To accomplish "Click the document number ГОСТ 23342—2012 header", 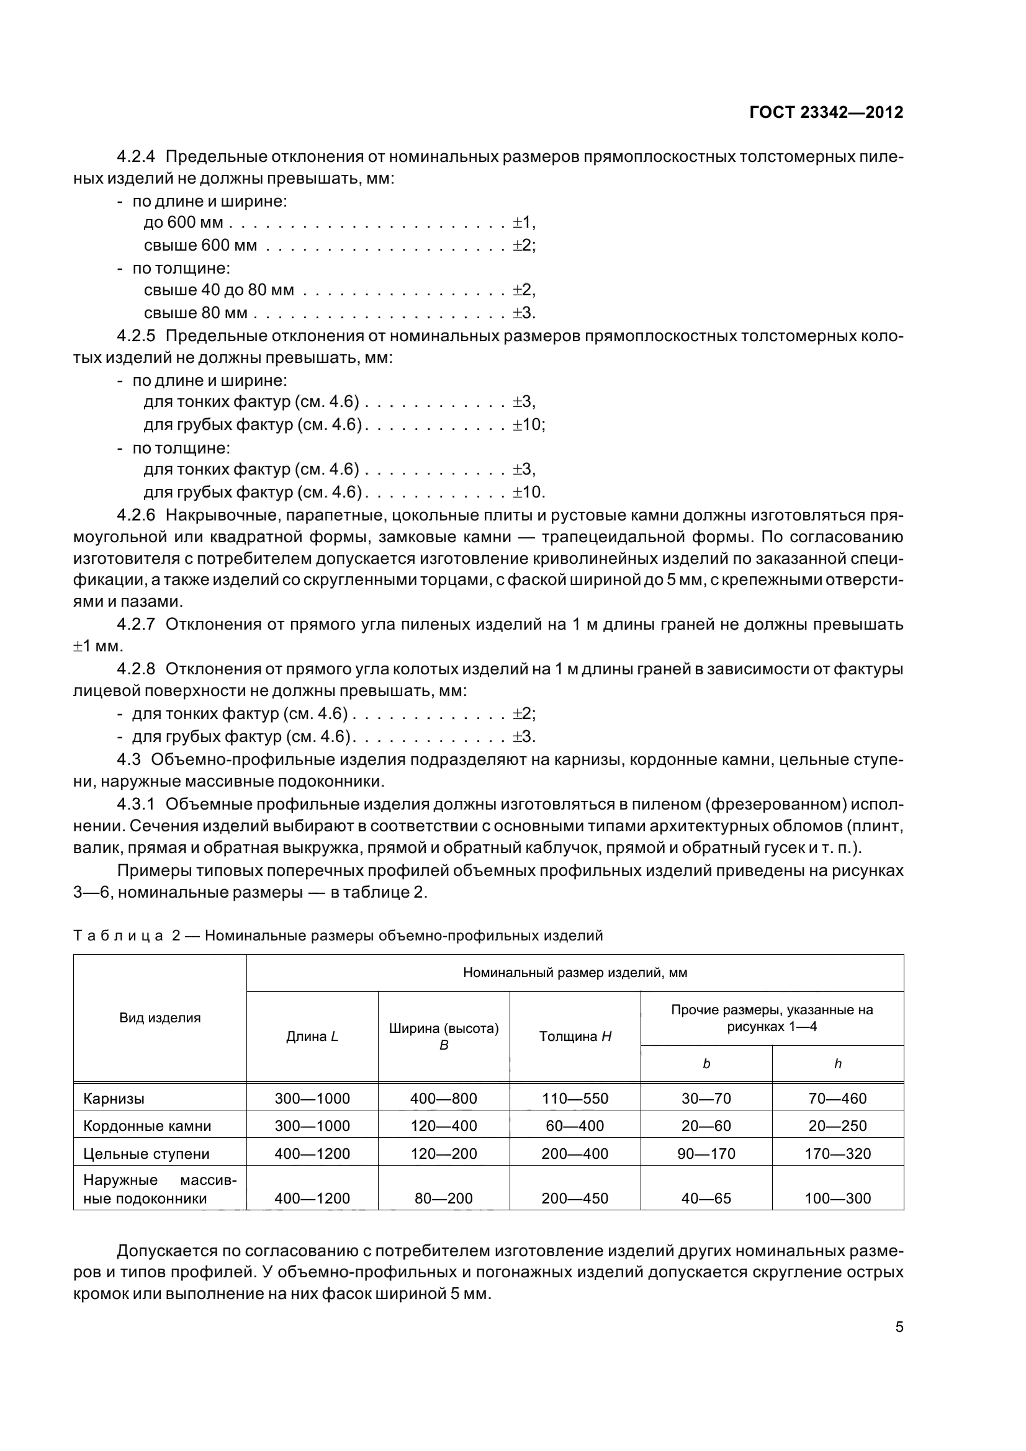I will pyautogui.click(x=826, y=112).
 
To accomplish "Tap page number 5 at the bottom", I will pyautogui.click(x=899, y=1327).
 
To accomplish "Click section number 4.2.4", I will pyautogui.click(x=136, y=156).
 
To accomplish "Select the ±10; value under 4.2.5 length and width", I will pyautogui.click(x=528, y=424).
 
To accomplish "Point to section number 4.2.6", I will pyautogui.click(x=136, y=515).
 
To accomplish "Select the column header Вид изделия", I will pyautogui.click(x=160, y=1018).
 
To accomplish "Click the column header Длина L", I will pyautogui.click(x=312, y=1037).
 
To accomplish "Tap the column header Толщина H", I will pyautogui.click(x=575, y=1037).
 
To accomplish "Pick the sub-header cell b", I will pyautogui.click(x=706, y=1065).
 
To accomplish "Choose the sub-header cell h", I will pyautogui.click(x=837, y=1065).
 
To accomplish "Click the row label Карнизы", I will pyautogui.click(x=114, y=1099).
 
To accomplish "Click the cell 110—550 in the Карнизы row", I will pyautogui.click(x=575, y=1099).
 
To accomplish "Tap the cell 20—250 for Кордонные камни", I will pyautogui.click(x=837, y=1126).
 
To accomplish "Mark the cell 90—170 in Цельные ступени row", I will pyautogui.click(x=706, y=1154).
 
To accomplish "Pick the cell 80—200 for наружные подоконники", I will pyautogui.click(x=443, y=1199).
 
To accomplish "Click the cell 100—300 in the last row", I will pyautogui.click(x=837, y=1199).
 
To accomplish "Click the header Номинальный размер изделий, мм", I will pyautogui.click(x=575, y=973).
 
